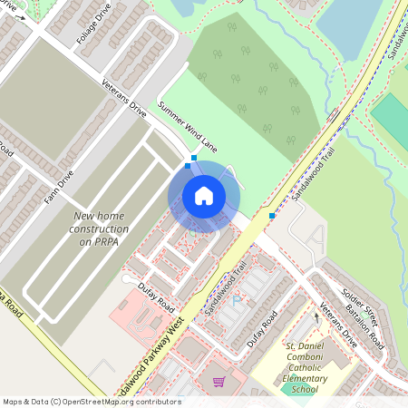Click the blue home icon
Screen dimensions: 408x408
(204, 195)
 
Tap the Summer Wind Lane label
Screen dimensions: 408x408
(188, 126)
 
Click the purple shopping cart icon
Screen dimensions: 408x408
(218, 382)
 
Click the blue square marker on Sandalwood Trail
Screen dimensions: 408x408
(272, 216)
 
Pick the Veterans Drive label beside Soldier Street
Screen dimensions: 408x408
(339, 321)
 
